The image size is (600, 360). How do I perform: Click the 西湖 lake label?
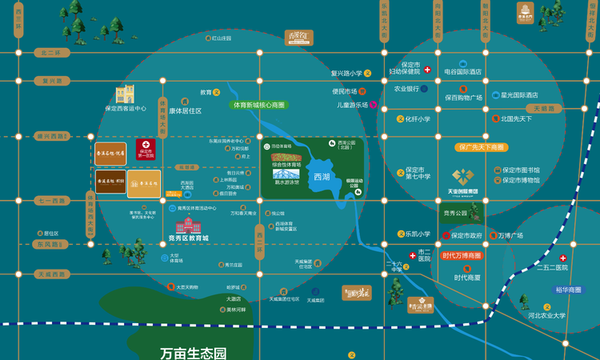click(322, 177)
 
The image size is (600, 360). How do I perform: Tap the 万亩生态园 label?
click(193, 352)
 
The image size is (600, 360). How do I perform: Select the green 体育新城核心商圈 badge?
click(258, 105)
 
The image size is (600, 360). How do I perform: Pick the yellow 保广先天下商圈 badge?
click(482, 147)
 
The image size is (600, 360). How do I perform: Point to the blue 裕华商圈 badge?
click(569, 290)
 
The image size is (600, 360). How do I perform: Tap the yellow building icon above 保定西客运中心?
click(125, 94)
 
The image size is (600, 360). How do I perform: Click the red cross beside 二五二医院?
click(563, 258)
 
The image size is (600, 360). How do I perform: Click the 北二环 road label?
click(53, 52)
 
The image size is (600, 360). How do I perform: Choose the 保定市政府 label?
click(466, 236)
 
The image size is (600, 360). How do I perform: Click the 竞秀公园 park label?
click(454, 214)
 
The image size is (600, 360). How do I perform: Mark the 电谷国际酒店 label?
click(462, 72)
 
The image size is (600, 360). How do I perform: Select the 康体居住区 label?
click(185, 111)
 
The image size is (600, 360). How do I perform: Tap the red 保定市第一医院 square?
click(146, 150)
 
